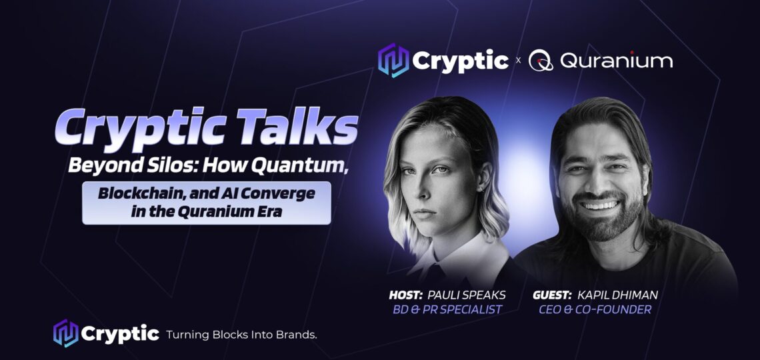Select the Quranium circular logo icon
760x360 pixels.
(541, 61)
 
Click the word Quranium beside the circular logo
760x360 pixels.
(616, 61)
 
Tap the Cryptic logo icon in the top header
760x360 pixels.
(393, 61)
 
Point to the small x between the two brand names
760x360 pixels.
(518, 61)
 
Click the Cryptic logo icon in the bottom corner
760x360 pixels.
(65, 333)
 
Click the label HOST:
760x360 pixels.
(405, 295)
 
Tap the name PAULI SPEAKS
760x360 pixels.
(466, 295)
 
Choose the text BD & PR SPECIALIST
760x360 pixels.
(447, 309)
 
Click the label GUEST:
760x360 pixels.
(552, 295)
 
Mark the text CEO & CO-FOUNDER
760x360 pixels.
(595, 309)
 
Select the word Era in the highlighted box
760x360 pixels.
(270, 212)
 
